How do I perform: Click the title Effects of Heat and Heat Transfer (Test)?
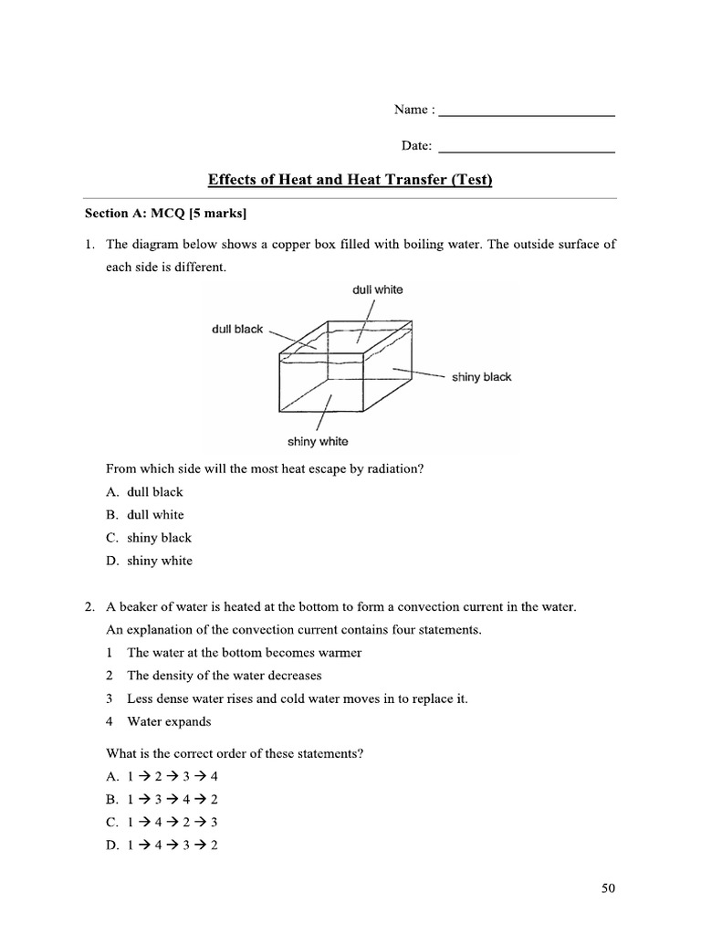point(350,180)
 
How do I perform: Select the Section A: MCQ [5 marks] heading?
point(166,214)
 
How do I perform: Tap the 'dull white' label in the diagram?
point(377,289)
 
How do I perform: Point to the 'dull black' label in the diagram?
point(237,330)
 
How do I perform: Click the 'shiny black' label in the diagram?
point(481,377)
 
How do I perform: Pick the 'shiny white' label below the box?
point(318,442)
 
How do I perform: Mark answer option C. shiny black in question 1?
point(148,538)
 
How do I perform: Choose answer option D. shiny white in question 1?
point(149,561)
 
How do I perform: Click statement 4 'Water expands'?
point(168,721)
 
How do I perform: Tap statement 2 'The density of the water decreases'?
point(224,676)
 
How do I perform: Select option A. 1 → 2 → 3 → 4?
point(162,776)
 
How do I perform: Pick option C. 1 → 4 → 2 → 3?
point(162,822)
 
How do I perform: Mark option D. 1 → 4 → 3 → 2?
point(162,845)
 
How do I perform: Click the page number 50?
point(609,888)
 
